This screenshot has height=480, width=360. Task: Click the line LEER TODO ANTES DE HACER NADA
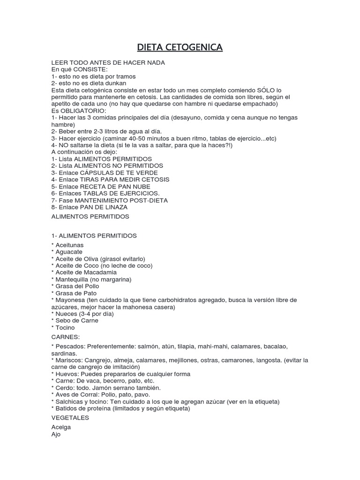[x=108, y=62]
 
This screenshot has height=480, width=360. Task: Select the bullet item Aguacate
[x=68, y=252]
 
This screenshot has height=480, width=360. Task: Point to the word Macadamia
[x=100, y=272]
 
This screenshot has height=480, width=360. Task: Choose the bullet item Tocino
[x=65, y=328]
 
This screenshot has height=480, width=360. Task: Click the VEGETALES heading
[x=70, y=418]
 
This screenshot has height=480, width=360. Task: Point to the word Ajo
[x=56, y=434]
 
